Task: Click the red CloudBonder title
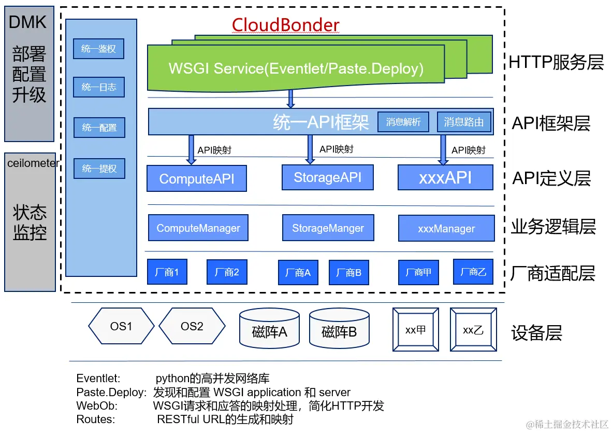pos(285,25)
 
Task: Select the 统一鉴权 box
pos(99,49)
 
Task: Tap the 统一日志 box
pos(99,88)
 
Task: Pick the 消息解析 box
pos(403,122)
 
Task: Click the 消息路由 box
pos(464,122)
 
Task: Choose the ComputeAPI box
pos(196,179)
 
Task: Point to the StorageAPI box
pos(328,177)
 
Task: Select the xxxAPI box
pos(445,177)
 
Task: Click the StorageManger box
pos(328,228)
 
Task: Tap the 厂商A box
pos(298,273)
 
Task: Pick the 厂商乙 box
pos(473,272)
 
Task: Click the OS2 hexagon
pos(192,327)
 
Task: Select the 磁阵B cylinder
pos(339,329)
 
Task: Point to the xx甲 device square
pos(415,329)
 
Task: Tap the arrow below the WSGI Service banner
pos(290,99)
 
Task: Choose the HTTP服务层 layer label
pos(556,62)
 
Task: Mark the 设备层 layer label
pos(536,333)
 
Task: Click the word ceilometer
pos(33,163)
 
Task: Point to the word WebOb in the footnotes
pos(97,406)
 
